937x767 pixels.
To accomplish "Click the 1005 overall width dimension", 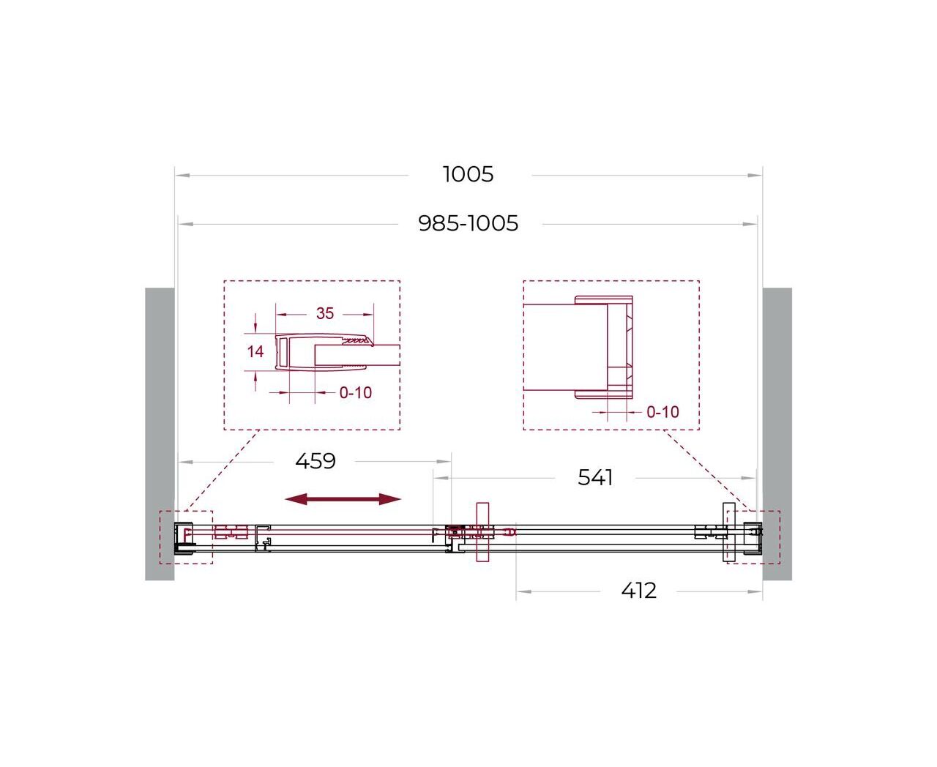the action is pyautogui.click(x=468, y=174).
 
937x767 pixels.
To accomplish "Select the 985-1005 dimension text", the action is pyautogui.click(x=468, y=223).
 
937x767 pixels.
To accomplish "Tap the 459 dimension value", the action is pyautogui.click(x=315, y=461).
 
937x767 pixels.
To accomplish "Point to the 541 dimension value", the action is pyautogui.click(x=595, y=477).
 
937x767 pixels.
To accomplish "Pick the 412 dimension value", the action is pyautogui.click(x=638, y=591).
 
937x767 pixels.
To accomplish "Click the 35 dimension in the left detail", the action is pyautogui.click(x=325, y=313).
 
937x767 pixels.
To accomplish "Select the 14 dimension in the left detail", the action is pyautogui.click(x=255, y=352).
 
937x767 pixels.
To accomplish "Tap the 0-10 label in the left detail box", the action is pyautogui.click(x=356, y=392).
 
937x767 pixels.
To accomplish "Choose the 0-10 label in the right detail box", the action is pyautogui.click(x=662, y=412).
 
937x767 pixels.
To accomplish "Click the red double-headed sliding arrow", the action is pyautogui.click(x=343, y=498).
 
